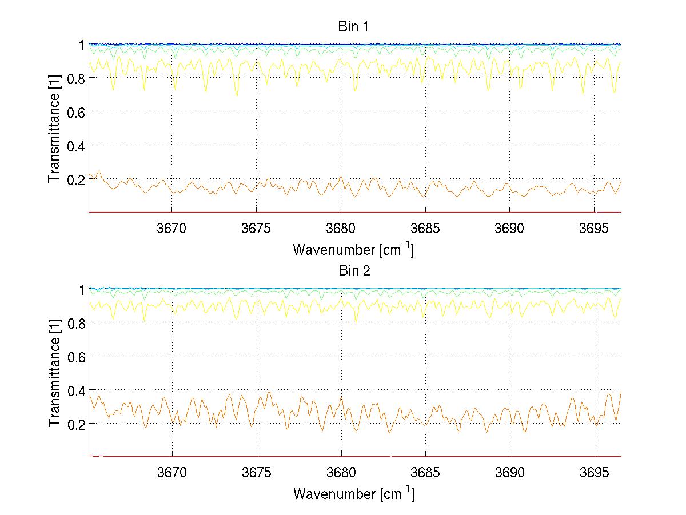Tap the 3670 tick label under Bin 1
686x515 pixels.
tap(171, 229)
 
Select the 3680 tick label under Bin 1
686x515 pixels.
tap(341, 229)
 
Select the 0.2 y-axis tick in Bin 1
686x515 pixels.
tap(77, 179)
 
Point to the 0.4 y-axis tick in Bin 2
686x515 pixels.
tap(77, 390)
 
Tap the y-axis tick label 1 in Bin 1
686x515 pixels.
tap(82, 45)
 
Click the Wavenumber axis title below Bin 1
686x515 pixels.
tap(353, 250)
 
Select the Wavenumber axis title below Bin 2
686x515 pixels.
tap(353, 494)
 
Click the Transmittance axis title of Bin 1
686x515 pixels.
tap(54, 129)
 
